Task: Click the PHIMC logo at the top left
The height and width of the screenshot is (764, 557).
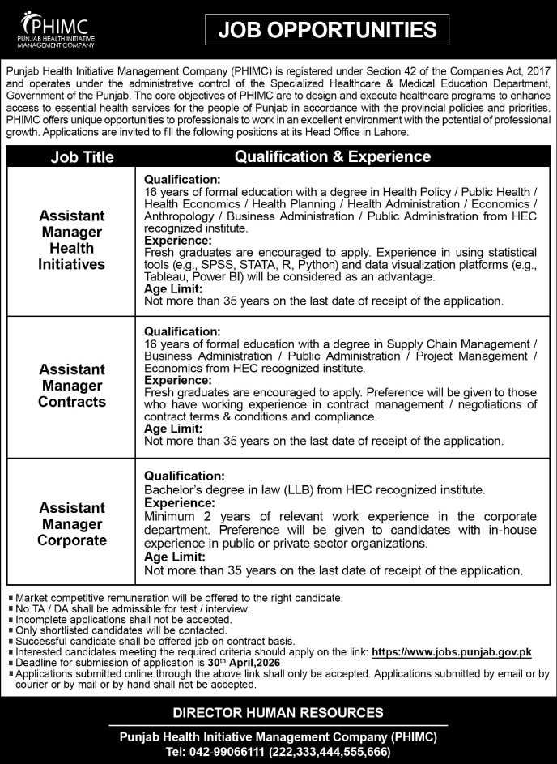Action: coord(54,29)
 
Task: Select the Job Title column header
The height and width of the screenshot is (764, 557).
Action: coord(82,157)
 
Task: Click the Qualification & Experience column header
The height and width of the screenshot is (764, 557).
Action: coord(333,156)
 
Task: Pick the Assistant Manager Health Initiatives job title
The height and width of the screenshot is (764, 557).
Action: coord(71,240)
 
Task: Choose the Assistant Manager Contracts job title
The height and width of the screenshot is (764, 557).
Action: coord(71,386)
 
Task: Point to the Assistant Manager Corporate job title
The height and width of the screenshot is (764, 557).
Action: coord(71,523)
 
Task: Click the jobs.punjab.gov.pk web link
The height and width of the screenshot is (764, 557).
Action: coord(451,651)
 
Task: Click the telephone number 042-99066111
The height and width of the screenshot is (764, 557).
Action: coord(209,751)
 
